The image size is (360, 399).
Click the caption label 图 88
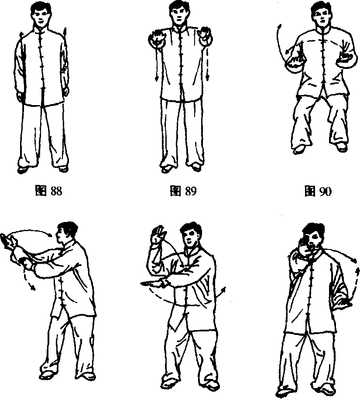(48, 191)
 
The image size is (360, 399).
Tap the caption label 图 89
(183, 191)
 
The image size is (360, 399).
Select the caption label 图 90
(318, 191)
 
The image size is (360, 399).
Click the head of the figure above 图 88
(41, 14)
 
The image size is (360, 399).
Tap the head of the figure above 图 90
(321, 14)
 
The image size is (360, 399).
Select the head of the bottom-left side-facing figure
(67, 233)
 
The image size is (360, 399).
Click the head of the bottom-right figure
(314, 237)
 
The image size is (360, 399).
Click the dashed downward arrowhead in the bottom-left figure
(33, 287)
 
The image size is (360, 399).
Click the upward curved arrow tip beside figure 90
(280, 27)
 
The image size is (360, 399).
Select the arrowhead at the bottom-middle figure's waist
(223, 290)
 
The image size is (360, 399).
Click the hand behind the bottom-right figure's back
(344, 302)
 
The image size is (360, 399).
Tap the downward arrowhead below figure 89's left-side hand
(157, 78)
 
